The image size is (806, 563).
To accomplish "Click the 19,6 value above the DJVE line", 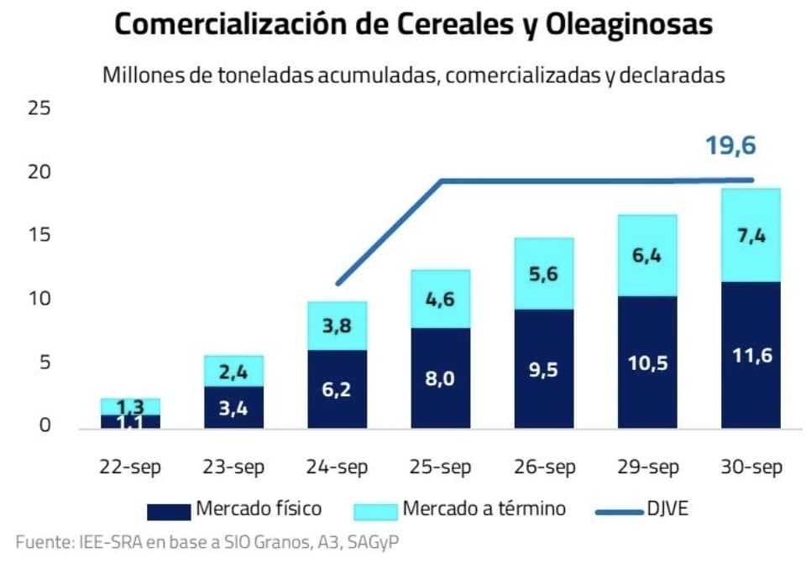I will click(730, 146).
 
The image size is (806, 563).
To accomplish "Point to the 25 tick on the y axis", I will click(39, 108).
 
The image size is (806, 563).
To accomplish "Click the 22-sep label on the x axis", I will click(131, 467).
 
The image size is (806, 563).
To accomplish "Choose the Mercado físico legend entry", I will click(234, 508).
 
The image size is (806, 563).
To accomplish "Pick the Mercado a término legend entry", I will click(459, 508).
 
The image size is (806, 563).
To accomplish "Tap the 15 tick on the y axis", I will click(39, 235).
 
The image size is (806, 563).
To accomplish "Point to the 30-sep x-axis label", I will click(751, 467).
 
